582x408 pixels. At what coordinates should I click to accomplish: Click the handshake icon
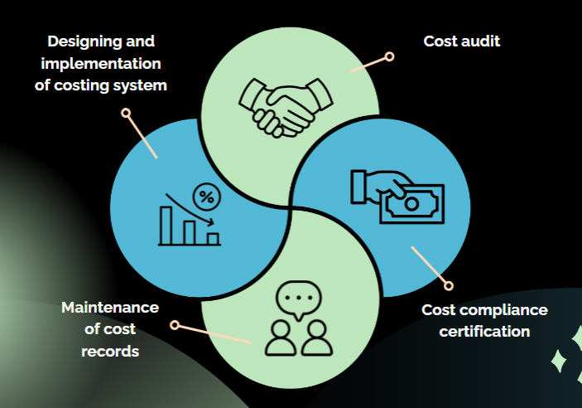click(x=277, y=106)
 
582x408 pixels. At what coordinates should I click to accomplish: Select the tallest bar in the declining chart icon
click(x=168, y=225)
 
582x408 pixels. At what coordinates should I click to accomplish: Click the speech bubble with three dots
click(x=294, y=299)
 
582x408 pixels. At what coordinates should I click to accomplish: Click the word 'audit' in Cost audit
click(x=481, y=41)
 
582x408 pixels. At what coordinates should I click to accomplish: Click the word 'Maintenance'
click(x=109, y=308)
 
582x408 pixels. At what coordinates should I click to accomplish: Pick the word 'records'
click(x=110, y=351)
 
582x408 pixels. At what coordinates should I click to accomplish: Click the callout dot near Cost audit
click(x=389, y=57)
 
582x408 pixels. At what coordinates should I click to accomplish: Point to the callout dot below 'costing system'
click(x=126, y=112)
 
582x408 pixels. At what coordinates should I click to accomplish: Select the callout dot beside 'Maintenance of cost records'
click(x=175, y=325)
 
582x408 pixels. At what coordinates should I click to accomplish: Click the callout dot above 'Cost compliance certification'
click(x=450, y=285)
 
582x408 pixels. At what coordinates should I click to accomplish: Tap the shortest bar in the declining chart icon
click(x=213, y=239)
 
